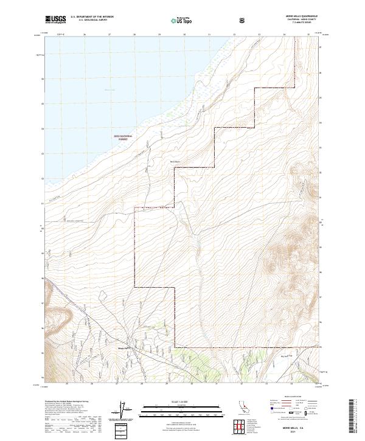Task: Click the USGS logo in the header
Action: click(x=56, y=19)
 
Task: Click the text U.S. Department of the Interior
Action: click(x=92, y=17)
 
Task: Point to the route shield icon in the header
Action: click(x=242, y=20)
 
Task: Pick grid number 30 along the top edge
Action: click(x=184, y=35)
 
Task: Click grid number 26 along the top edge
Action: click(x=84, y=35)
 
